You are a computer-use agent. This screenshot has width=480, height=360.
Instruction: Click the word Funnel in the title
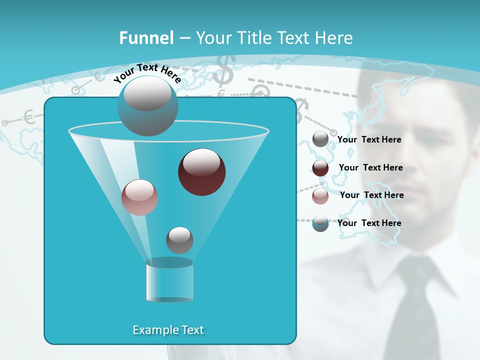point(146,38)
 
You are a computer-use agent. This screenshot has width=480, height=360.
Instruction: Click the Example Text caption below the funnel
point(168,330)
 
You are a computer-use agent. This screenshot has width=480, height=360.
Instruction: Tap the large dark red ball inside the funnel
point(202,172)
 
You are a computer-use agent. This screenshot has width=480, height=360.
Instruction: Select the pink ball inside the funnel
point(139,197)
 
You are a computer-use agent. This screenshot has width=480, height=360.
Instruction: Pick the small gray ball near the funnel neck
point(179,240)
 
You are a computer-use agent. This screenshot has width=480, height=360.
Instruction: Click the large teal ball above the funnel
point(147,106)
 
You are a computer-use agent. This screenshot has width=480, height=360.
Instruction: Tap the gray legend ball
point(320,139)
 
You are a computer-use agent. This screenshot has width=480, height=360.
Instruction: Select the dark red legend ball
point(320,168)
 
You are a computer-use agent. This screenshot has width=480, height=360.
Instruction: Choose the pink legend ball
point(320,196)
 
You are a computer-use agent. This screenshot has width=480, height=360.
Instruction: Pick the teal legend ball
point(320,223)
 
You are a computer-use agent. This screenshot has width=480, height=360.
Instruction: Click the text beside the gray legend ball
point(369,140)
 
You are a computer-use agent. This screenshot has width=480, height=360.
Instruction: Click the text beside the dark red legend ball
point(370,168)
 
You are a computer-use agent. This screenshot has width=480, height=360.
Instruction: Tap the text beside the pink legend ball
point(371,195)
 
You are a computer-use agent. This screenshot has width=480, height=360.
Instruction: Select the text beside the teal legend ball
point(369,223)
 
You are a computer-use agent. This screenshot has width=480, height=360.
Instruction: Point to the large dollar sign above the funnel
point(224,70)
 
